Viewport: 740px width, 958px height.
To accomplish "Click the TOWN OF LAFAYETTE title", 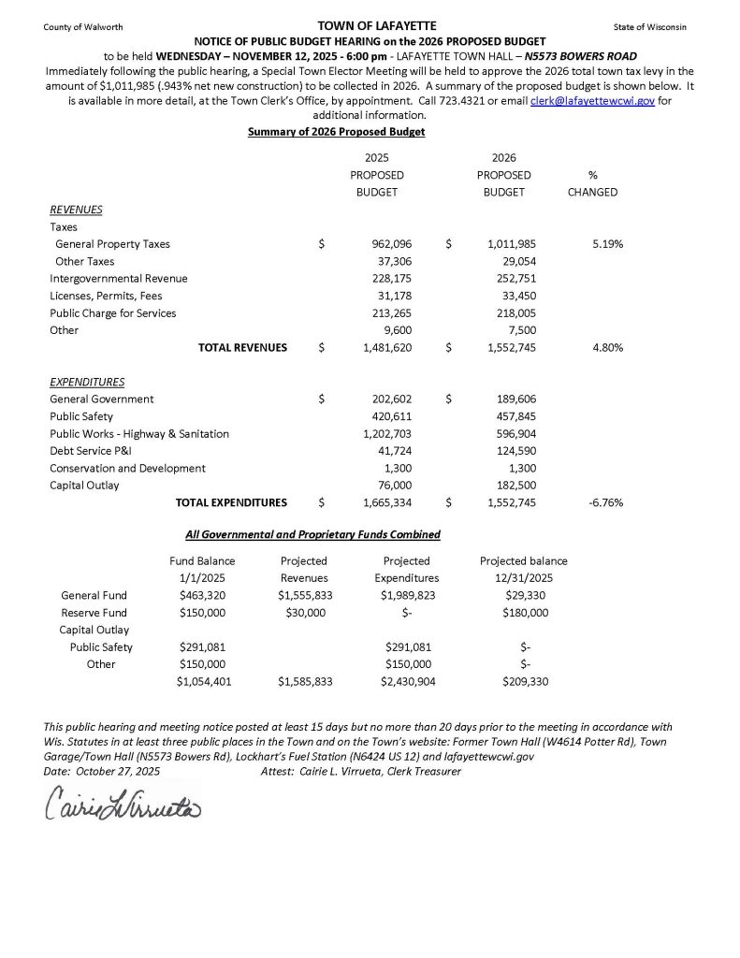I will (x=364, y=25).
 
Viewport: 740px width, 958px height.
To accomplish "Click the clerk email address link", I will (x=592, y=100).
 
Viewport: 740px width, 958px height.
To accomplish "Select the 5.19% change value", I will (x=607, y=244).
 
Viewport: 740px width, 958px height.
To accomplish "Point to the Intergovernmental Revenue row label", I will (x=119, y=279).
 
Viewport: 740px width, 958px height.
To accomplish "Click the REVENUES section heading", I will (x=76, y=210).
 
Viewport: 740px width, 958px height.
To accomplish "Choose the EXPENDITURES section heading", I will (x=87, y=382).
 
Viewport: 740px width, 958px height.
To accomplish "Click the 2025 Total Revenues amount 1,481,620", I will (x=381, y=348).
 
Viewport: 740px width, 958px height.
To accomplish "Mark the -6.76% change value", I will (x=605, y=502).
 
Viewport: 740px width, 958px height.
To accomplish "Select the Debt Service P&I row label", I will (x=91, y=451).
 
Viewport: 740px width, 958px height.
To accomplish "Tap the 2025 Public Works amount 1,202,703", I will (x=381, y=434).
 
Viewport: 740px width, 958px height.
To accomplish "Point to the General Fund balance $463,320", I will (x=202, y=595).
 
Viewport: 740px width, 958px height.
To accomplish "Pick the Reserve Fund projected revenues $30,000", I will (x=303, y=613).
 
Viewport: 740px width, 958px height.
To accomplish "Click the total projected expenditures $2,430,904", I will (x=407, y=682).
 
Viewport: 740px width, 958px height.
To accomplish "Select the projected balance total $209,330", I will (x=525, y=682).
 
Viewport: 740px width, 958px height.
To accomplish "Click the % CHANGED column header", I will (x=592, y=183).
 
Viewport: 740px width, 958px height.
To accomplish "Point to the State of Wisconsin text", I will (x=650, y=27).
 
